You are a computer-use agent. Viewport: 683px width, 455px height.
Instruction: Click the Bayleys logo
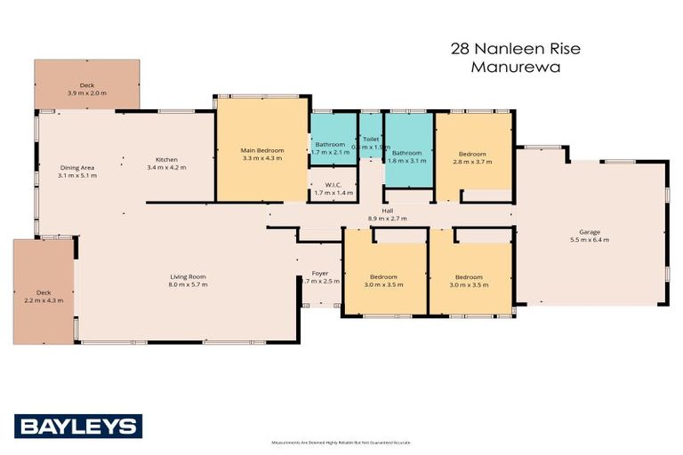[x=77, y=426]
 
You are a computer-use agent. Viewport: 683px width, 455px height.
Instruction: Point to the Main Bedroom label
[x=262, y=151]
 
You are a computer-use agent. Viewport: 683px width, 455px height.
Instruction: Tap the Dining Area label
[x=78, y=167]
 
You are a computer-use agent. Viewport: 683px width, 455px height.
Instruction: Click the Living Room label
[x=187, y=275]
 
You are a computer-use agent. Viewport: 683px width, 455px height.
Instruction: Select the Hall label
[x=387, y=210]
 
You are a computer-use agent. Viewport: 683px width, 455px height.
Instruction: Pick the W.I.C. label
[x=333, y=185]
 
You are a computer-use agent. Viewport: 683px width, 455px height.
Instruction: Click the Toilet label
[x=371, y=140]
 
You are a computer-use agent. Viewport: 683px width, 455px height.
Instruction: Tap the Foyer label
[x=320, y=273]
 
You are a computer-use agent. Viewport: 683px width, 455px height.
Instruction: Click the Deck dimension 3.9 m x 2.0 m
[x=86, y=92]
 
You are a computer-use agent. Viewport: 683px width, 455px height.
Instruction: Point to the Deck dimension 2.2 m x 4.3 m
[x=44, y=300]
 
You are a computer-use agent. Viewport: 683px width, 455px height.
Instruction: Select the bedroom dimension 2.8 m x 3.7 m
[x=472, y=162]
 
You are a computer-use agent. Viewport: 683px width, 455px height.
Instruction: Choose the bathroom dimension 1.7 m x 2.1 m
[x=328, y=152]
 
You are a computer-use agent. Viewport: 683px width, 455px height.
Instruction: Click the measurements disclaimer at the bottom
[x=341, y=442]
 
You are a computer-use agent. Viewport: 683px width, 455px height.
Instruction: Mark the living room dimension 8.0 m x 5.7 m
[x=187, y=284]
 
